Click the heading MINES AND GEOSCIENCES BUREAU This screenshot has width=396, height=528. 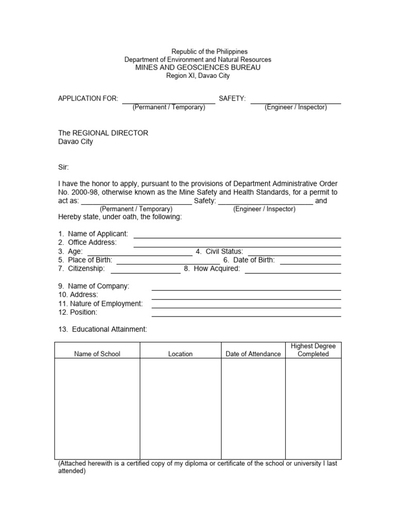point(197,68)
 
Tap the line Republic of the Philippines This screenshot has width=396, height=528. point(209,52)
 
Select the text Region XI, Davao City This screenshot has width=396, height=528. point(198,76)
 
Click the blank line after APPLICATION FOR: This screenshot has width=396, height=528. point(169,99)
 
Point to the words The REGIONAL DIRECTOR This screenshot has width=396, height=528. point(103,133)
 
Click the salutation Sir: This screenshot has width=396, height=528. point(63,167)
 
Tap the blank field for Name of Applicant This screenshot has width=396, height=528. point(237,234)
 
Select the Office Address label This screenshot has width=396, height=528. point(87,242)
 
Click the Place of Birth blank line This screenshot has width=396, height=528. point(168,260)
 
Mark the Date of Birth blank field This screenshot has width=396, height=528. point(310,260)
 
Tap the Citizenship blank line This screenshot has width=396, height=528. point(145,269)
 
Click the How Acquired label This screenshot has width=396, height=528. point(212,269)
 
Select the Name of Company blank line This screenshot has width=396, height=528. point(246,287)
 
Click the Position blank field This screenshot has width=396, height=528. point(246,312)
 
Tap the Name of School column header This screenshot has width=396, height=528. point(97,354)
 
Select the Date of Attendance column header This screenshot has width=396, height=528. point(253,354)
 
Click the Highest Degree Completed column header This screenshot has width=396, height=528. point(313,350)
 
